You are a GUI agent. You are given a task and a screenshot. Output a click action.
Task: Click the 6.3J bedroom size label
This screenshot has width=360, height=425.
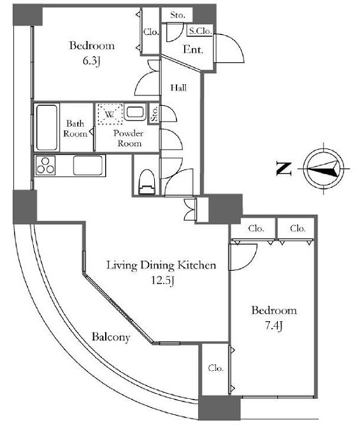coord(92,62)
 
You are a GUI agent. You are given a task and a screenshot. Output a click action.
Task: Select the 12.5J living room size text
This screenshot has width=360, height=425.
coord(162,281)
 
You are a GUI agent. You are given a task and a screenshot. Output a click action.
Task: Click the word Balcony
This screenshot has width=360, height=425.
coord(111,337)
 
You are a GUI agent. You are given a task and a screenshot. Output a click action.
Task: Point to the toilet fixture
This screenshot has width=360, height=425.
coord(147,182)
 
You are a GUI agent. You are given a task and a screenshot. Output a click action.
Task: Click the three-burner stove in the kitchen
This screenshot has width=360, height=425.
coord(45,166)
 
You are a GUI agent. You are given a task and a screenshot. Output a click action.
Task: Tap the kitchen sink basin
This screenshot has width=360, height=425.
coord(88,165)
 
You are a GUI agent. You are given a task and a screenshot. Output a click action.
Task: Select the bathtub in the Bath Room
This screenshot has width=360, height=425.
coord(47,127)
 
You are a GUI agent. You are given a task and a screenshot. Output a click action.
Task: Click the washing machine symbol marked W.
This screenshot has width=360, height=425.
coord(110,114)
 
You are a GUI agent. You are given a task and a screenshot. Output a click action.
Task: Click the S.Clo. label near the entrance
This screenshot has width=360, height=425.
coord(200,31)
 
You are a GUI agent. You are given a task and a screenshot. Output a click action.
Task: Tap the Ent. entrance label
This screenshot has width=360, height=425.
coord(193,49)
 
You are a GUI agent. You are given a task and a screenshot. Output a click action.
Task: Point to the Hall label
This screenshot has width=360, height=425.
coord(178,88)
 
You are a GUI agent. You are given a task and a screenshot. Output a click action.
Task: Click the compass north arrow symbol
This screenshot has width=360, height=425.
coord(324,169)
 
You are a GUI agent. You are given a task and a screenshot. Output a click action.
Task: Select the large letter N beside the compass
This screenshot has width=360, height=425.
coord(284,169)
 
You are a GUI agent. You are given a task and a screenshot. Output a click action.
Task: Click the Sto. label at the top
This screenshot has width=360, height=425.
coord(178,15)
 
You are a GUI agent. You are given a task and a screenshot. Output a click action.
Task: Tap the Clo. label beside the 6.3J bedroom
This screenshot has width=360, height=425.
coord(151,32)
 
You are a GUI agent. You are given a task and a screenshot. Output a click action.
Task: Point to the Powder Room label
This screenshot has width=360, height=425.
coord(128,138)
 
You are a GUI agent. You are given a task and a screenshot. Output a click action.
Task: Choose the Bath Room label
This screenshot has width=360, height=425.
coord(75,129)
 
